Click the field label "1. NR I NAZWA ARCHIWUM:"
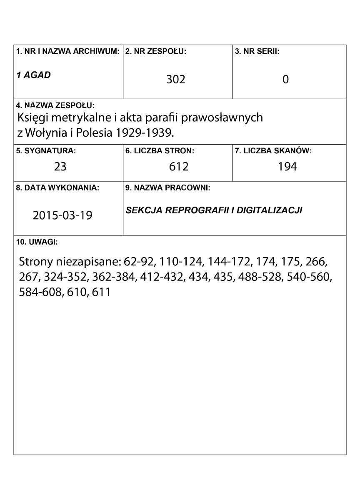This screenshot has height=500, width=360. pos(68,52)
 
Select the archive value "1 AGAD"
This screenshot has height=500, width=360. pos(33,75)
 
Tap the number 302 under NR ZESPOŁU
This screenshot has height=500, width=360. pos(175,79)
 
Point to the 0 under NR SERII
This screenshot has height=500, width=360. pos(285,79)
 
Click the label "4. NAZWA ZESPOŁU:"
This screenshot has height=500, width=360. pos(55,105)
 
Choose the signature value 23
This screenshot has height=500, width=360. pos(60,167)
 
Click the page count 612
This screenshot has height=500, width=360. pos(179,167)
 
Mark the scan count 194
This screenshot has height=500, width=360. pos(287,167)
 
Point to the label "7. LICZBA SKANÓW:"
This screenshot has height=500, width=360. pos(273,151)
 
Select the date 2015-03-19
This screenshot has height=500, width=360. pos(62,215)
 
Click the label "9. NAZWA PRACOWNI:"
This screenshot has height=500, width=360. pos(168,188)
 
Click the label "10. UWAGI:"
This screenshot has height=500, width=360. pos(37,242)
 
